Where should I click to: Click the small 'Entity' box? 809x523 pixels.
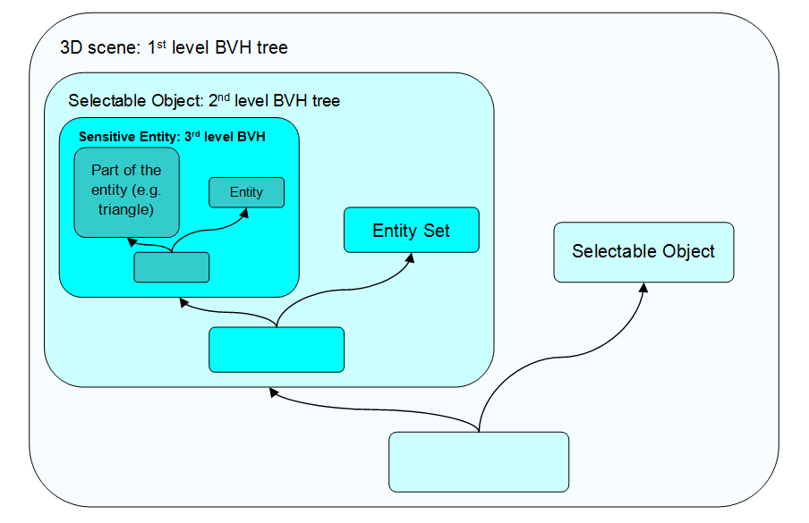(x=246, y=192)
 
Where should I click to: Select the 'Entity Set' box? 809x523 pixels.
(x=412, y=231)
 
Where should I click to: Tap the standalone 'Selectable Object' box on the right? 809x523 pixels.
(x=643, y=251)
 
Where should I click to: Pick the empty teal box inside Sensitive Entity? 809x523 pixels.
(x=171, y=267)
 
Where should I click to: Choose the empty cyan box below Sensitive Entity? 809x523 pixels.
(x=276, y=350)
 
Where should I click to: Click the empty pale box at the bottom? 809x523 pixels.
(x=479, y=461)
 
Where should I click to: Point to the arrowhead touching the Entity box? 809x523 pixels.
(x=246, y=213)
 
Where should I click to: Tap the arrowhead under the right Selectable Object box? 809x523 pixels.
(x=643, y=288)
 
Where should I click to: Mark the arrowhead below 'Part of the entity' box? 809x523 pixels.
(x=131, y=241)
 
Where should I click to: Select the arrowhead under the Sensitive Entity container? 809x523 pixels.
(x=183, y=303)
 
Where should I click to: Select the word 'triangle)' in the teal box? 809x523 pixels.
(x=126, y=210)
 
